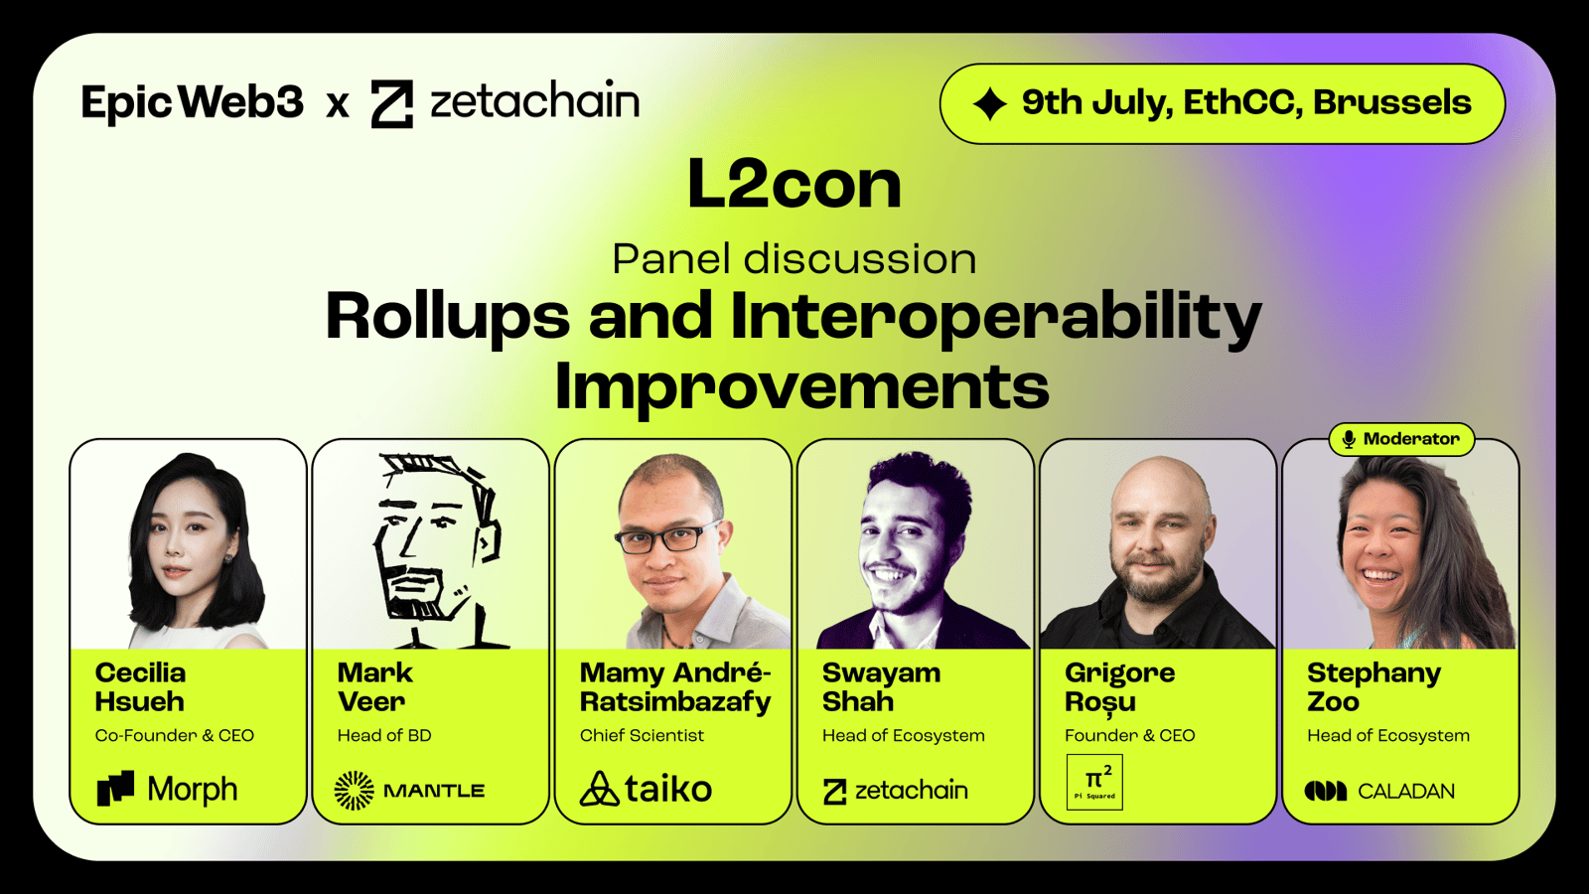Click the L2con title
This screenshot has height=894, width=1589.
coord(794,184)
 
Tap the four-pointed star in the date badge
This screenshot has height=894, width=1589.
coord(989,104)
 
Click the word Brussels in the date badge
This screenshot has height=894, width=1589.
coord(1391,103)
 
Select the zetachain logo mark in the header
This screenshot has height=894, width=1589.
coord(391,103)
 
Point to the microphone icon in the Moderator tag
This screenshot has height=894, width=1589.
coord(1349,440)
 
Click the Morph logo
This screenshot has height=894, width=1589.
coord(168,789)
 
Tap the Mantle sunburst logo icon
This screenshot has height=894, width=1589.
coord(354,791)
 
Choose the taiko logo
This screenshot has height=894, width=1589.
coord(646,789)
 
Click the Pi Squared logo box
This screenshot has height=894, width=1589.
coord(1094,782)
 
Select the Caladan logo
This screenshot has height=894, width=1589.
coord(1379,791)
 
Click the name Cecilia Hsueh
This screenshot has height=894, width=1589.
coord(140,686)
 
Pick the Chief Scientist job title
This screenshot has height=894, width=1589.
coord(642,736)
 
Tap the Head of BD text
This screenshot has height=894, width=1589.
coord(383,736)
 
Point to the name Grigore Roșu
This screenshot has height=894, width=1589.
coord(1119,687)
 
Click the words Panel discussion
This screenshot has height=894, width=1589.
coord(794,259)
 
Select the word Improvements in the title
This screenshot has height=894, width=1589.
coord(801,386)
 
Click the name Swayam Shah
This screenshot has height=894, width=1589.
coord(881,686)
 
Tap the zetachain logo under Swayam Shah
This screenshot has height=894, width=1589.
coord(895,791)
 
